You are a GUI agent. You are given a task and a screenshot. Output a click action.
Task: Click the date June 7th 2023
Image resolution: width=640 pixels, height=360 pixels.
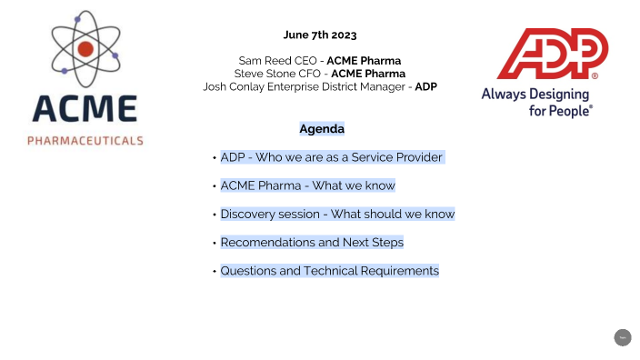[320, 35]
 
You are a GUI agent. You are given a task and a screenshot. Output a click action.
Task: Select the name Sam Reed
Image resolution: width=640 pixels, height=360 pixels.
[257, 60]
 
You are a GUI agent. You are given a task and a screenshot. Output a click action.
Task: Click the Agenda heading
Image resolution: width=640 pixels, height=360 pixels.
[322, 129]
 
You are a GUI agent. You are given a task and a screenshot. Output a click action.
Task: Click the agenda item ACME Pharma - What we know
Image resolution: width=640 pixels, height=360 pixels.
[307, 185]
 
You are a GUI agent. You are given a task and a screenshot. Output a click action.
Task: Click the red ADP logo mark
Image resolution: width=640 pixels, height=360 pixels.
[552, 55]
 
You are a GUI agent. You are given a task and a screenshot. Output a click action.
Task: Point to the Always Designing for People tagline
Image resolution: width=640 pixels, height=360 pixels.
[536, 101]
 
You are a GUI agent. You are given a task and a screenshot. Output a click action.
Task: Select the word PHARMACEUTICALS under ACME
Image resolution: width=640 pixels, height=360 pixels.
[85, 141]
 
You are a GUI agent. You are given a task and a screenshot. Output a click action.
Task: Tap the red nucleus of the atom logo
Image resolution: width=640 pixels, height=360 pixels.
[85, 48]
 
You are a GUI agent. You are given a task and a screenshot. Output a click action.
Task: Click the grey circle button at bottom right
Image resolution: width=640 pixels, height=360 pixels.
[623, 337]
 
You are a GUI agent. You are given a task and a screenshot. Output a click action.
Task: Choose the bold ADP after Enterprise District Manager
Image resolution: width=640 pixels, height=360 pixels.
[426, 86]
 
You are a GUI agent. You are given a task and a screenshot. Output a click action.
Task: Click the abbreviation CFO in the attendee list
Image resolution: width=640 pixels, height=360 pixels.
[309, 74]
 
